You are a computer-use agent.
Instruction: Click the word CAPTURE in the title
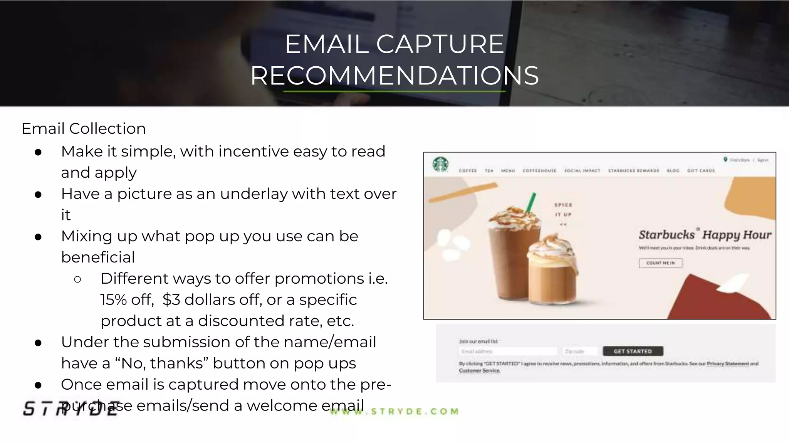point(440,44)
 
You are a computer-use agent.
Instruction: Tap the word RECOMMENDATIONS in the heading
point(394,76)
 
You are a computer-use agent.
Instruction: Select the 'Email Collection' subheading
point(84,129)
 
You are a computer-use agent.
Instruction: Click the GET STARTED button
point(633,351)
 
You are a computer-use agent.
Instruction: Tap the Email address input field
point(508,351)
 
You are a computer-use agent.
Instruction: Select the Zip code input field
point(580,351)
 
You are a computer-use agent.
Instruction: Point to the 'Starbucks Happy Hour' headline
point(705,235)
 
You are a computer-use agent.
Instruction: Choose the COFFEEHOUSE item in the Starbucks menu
point(539,170)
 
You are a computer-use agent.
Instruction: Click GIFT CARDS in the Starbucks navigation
point(701,170)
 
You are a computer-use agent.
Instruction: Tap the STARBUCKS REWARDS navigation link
point(633,170)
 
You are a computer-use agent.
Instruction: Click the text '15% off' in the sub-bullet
point(126,300)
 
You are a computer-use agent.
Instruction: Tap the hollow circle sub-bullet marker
point(77,279)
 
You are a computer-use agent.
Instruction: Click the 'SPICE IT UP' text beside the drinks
point(563,214)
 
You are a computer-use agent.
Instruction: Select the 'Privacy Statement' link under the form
point(728,363)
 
